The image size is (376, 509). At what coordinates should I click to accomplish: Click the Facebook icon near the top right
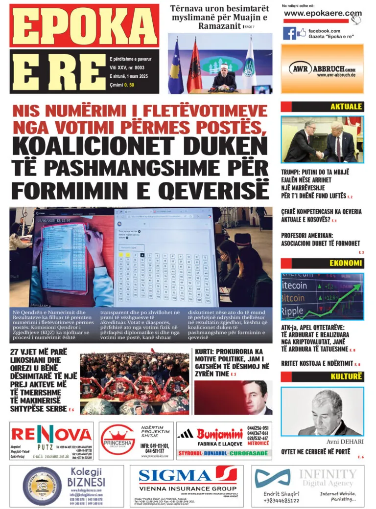click(x=289, y=33)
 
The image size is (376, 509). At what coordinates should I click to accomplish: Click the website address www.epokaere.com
click(x=322, y=14)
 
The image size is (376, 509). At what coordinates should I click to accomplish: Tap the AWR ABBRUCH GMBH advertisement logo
click(x=322, y=69)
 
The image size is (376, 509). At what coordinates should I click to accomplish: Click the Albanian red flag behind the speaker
click(x=194, y=64)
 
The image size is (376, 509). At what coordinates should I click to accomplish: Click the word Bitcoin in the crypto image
click(x=294, y=298)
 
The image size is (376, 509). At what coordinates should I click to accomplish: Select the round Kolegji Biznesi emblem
click(x=35, y=486)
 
